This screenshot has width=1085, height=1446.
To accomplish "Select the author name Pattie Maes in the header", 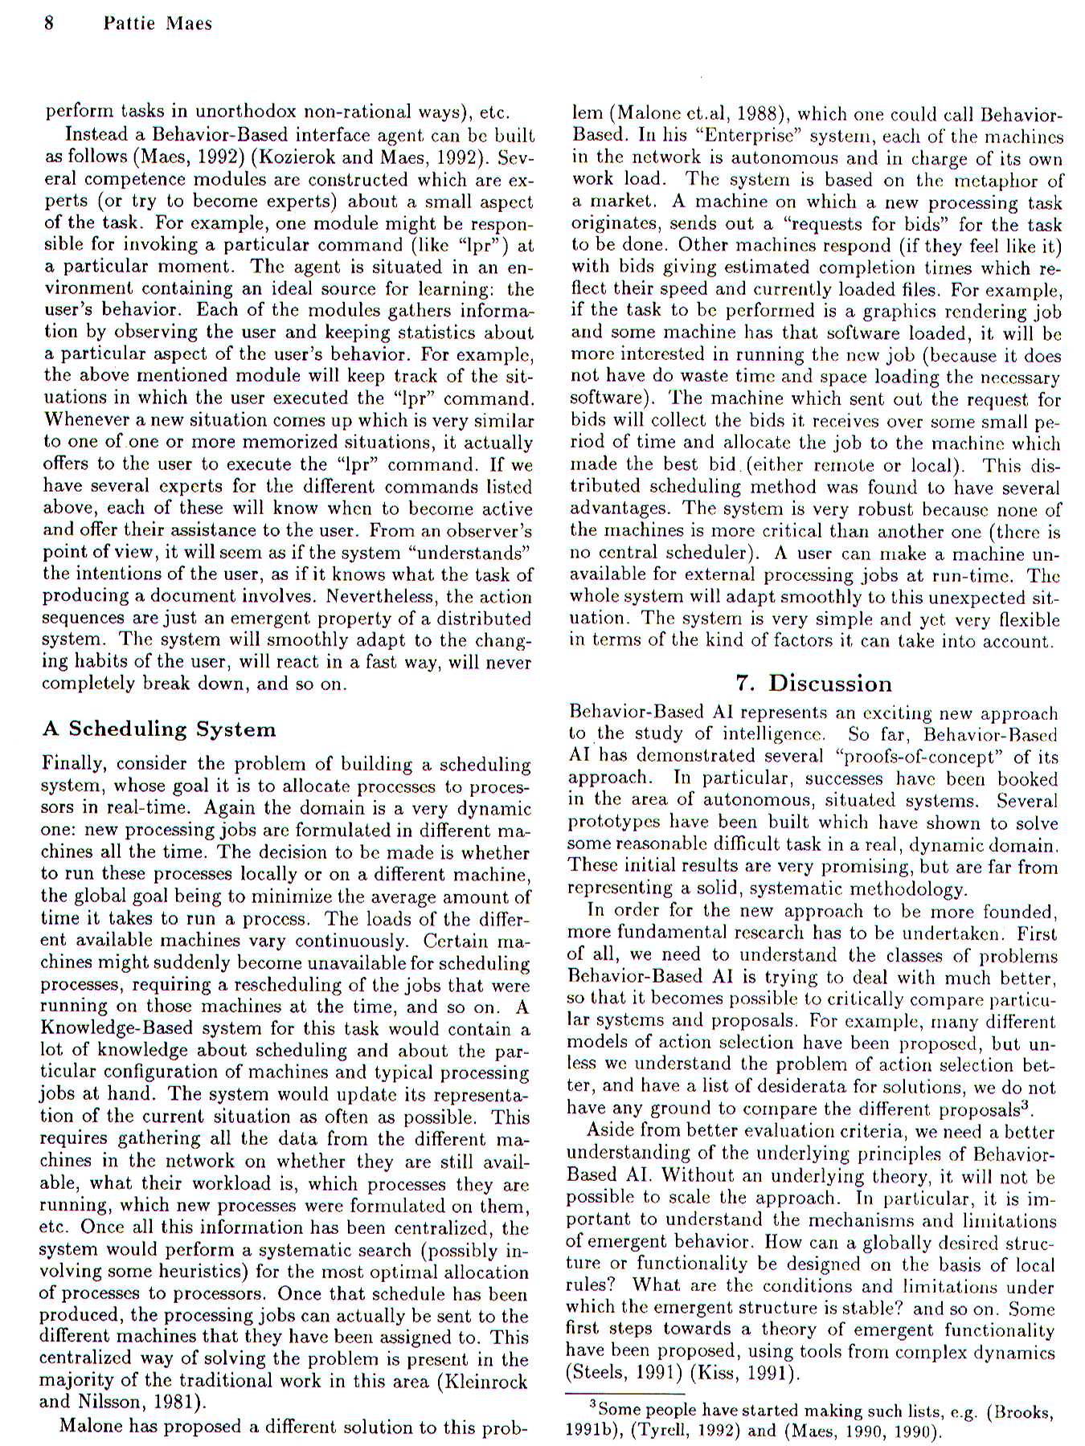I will point(158,23).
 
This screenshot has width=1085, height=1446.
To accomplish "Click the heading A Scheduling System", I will point(159,729).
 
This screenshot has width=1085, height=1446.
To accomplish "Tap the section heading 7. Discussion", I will point(813,684).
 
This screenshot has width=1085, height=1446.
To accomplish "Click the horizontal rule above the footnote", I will point(624,1393).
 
